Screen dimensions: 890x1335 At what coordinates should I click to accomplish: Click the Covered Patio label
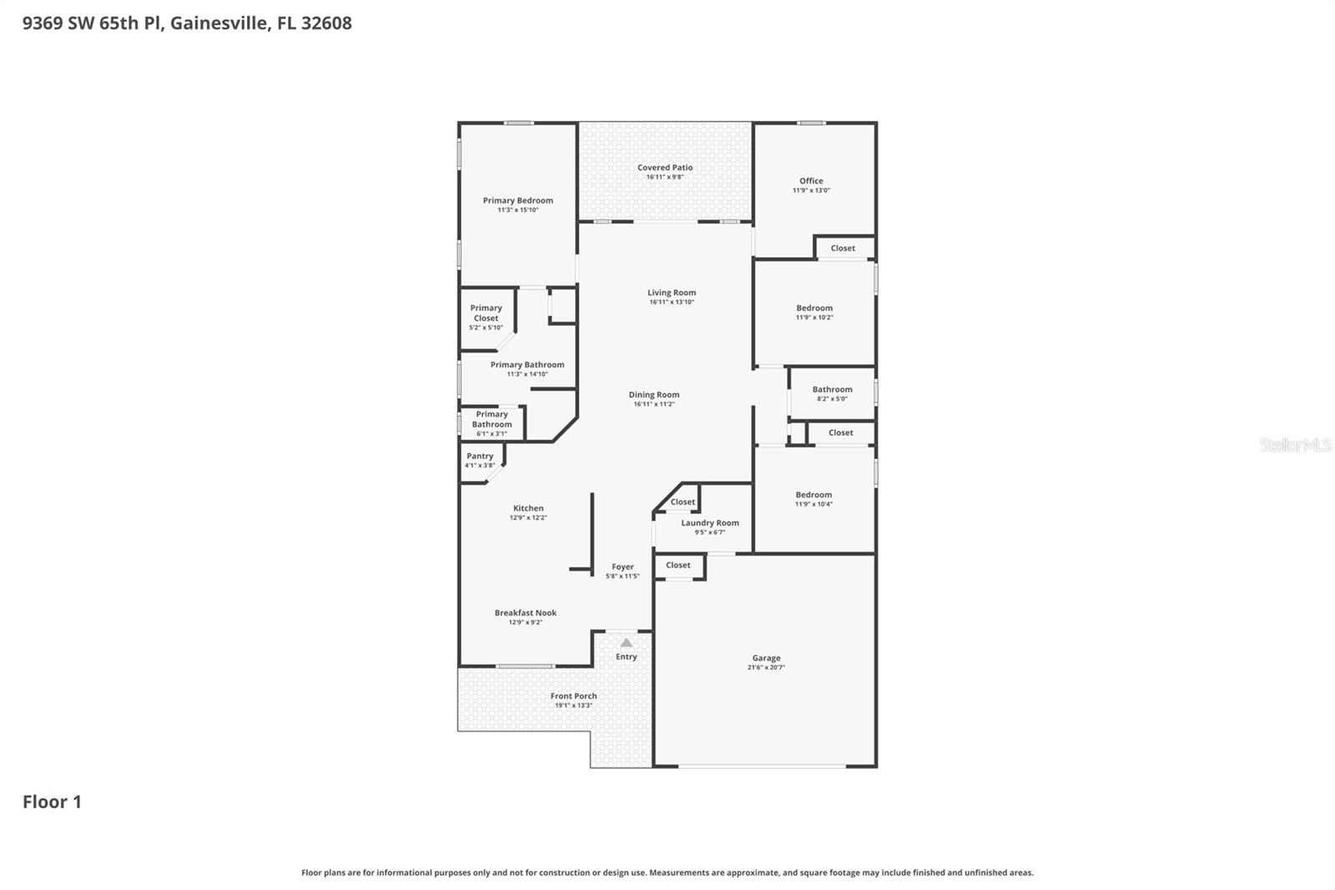(x=665, y=168)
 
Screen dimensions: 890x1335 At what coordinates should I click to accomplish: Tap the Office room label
(x=811, y=181)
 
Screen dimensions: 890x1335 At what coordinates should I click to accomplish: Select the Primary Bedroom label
(x=517, y=200)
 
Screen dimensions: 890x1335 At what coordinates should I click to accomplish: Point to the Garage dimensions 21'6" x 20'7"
(x=766, y=668)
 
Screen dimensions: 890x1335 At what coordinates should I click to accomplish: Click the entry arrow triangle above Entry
(x=627, y=643)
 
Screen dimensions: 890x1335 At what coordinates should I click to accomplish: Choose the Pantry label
(x=480, y=457)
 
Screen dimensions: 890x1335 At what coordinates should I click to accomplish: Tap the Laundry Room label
(x=710, y=523)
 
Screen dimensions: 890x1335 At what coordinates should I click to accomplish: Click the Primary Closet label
(x=486, y=313)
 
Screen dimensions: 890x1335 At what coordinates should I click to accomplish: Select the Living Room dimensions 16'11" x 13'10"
(x=672, y=302)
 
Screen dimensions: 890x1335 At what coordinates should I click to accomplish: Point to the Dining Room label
(x=654, y=395)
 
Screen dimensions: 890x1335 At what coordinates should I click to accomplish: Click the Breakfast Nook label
(x=526, y=613)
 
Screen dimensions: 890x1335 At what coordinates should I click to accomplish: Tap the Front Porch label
(x=574, y=696)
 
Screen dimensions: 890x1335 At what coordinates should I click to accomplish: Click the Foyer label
(x=622, y=567)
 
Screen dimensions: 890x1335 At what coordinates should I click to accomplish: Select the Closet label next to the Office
(x=843, y=248)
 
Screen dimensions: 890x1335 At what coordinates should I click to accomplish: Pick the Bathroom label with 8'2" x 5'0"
(x=832, y=389)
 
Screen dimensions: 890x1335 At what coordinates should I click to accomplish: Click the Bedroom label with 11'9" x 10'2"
(x=814, y=308)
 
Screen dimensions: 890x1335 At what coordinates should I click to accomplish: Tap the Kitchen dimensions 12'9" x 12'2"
(x=528, y=518)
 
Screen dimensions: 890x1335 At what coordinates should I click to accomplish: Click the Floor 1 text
(x=52, y=802)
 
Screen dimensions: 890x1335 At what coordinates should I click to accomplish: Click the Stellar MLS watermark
(x=1295, y=446)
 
